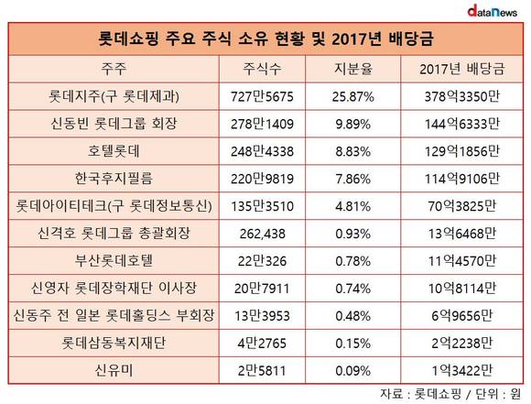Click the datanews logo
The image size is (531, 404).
tap(492, 11)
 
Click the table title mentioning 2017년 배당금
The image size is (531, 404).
tap(265, 38)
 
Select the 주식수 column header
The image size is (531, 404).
tap(262, 69)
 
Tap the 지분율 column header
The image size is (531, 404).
tap(352, 69)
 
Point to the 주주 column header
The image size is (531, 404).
tap(114, 69)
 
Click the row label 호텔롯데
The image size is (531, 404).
tap(114, 151)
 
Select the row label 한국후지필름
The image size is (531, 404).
tap(114, 179)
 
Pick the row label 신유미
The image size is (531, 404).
tap(114, 370)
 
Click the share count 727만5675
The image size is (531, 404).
tap(262, 96)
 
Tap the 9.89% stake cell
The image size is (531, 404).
tap(352, 124)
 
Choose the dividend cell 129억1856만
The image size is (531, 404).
tap(462, 151)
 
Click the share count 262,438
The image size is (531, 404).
tap(262, 234)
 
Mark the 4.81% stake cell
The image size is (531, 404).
tap(352, 206)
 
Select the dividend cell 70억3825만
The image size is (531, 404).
tap(462, 206)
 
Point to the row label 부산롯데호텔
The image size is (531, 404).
tap(114, 261)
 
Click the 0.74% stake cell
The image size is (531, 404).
tap(352, 289)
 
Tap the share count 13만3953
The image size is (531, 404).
tap(262, 316)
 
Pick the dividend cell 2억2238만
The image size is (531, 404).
tap(462, 344)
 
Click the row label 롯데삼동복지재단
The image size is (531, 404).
tap(114, 343)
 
